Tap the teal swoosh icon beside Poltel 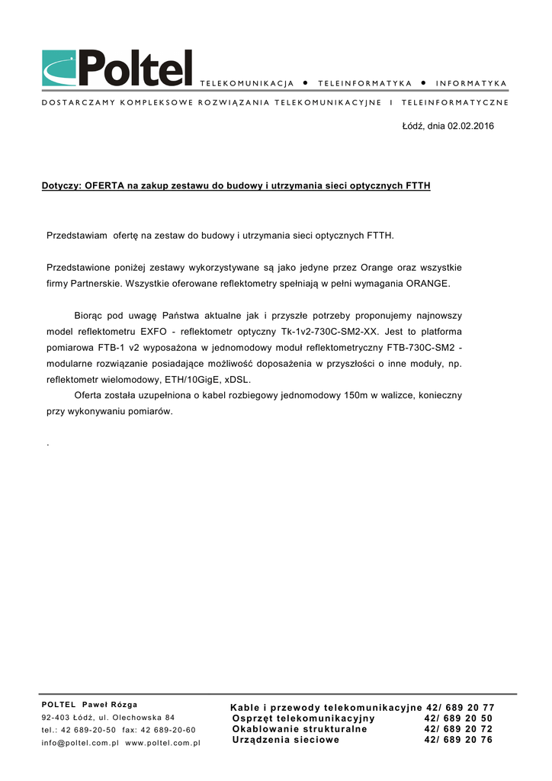pyautogui.click(x=59, y=69)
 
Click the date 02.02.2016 pyautogui.click(x=470, y=126)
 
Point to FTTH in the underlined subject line pyautogui.click(x=418, y=185)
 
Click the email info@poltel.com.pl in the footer pyautogui.click(x=80, y=743)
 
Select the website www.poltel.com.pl pyautogui.click(x=162, y=743)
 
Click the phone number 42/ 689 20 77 pyautogui.click(x=461, y=708)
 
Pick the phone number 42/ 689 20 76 pyautogui.click(x=459, y=740)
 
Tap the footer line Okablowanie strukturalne pyautogui.click(x=300, y=729)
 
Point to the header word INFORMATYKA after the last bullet pyautogui.click(x=471, y=82)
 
